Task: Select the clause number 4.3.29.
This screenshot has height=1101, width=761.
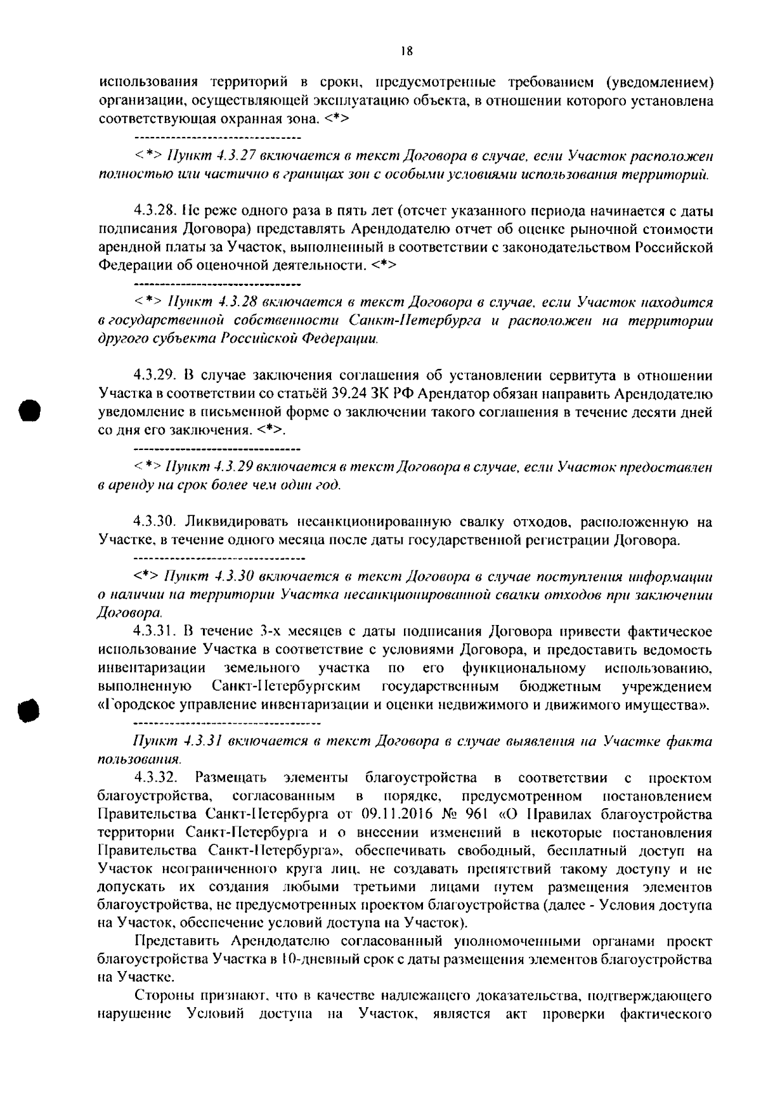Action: (x=155, y=376)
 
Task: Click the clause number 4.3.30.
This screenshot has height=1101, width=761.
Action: (x=155, y=522)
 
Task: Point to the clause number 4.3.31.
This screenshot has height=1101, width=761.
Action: (x=155, y=632)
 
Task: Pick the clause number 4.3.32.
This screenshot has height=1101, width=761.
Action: (x=155, y=778)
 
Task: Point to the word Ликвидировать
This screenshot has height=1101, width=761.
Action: (x=228, y=522)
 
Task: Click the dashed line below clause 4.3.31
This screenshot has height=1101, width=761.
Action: (x=228, y=723)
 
